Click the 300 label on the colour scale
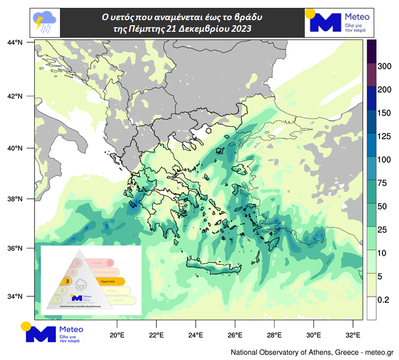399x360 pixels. tap(384, 66)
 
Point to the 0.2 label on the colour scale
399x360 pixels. tap(383, 299)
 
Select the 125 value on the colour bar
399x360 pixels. tap(384, 137)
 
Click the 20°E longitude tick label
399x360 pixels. tap(117, 335)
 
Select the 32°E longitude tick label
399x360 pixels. tap(354, 335)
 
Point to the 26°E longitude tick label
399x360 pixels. tap(235, 335)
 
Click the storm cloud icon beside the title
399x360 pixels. tap(44, 22)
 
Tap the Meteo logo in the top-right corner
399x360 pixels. tap(340, 22)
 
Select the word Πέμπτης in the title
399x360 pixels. tap(153, 29)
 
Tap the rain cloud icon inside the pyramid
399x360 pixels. tap(81, 284)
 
